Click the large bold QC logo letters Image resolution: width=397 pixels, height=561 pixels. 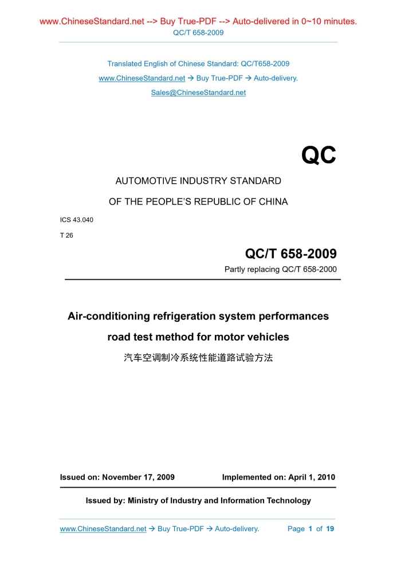coord(319,155)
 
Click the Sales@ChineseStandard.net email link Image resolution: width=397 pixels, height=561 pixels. coord(198,93)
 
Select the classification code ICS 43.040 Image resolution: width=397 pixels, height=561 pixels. coord(77,220)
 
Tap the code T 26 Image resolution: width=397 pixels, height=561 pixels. coord(66,235)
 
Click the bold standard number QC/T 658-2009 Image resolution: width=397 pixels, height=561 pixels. coord(290,254)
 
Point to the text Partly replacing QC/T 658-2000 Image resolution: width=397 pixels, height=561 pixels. coord(280,269)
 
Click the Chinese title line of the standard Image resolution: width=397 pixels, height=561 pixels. coord(198,358)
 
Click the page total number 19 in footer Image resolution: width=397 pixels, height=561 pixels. coord(330,529)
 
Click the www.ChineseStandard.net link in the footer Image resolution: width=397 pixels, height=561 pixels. coord(103,529)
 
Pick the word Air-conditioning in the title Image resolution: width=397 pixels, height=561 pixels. coord(109,316)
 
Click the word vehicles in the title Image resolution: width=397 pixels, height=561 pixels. coord(268,337)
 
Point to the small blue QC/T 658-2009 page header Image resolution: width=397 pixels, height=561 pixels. coord(198,33)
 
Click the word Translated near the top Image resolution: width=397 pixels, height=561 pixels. coord(124,64)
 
